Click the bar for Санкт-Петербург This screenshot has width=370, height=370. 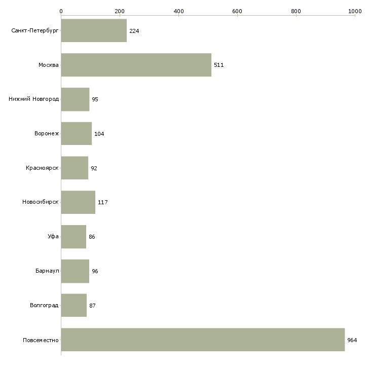coord(94,30)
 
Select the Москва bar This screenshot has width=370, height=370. coord(136,65)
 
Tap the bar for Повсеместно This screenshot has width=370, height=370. coord(203,340)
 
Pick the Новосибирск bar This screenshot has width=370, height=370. coord(78,202)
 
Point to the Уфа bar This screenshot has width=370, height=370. coord(73,237)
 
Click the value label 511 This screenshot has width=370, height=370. coord(219,65)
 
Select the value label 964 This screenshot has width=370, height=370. coord(352,340)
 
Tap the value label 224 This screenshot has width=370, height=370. coord(134,31)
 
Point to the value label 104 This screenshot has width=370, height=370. coord(99,134)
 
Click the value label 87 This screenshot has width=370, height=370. coord(92,306)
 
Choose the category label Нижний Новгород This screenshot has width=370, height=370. coord(34,99)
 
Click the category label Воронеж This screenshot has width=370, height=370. coord(47,133)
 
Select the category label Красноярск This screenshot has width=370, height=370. coord(42,168)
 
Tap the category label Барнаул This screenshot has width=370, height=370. coord(47,271)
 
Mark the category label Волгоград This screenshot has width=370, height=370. coord(44,305)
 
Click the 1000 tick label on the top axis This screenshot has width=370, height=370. coord(355,11)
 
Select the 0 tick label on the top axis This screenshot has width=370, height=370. coord(61,11)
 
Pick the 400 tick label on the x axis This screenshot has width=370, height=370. coord(178,11)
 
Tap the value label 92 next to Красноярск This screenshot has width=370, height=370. coord(94,168)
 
